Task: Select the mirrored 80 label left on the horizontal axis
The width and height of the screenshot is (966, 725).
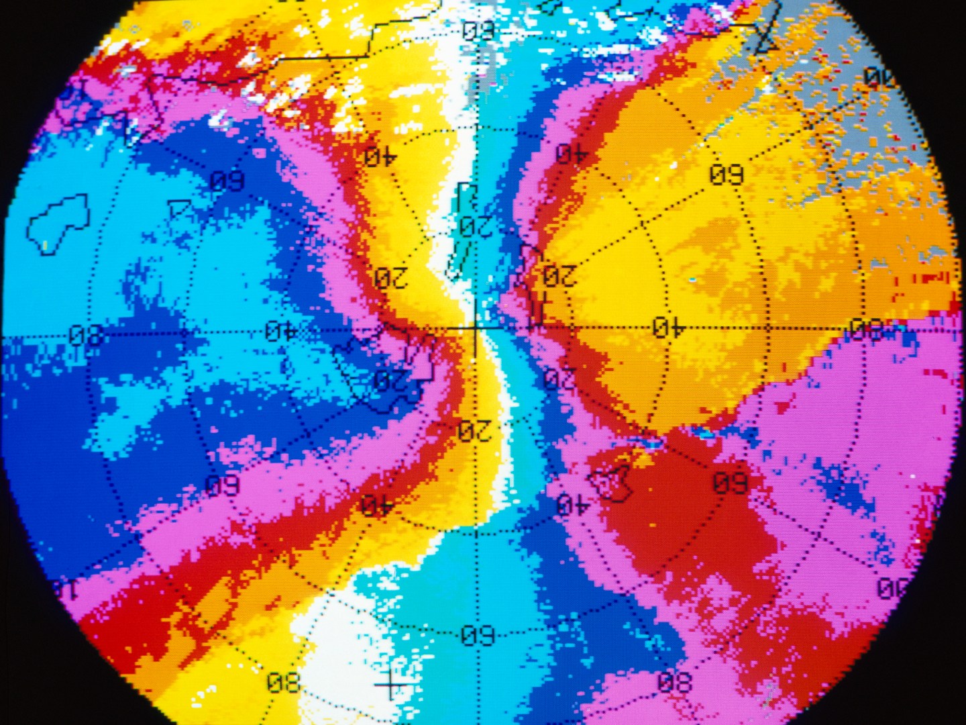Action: pos(87,334)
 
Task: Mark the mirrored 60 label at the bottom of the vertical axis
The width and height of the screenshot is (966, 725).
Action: pos(478,635)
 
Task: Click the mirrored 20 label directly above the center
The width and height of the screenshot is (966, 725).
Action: pos(476,226)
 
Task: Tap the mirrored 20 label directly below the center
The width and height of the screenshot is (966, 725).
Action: pos(475,430)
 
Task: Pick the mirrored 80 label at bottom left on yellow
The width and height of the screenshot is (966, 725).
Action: pos(283,684)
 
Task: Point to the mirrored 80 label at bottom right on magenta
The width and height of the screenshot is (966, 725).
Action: pos(674,683)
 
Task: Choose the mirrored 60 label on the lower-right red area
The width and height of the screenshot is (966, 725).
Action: pos(730,483)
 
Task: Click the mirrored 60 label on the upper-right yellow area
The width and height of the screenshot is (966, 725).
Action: pos(727,175)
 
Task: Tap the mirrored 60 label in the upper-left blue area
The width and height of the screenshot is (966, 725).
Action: pos(227,181)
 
